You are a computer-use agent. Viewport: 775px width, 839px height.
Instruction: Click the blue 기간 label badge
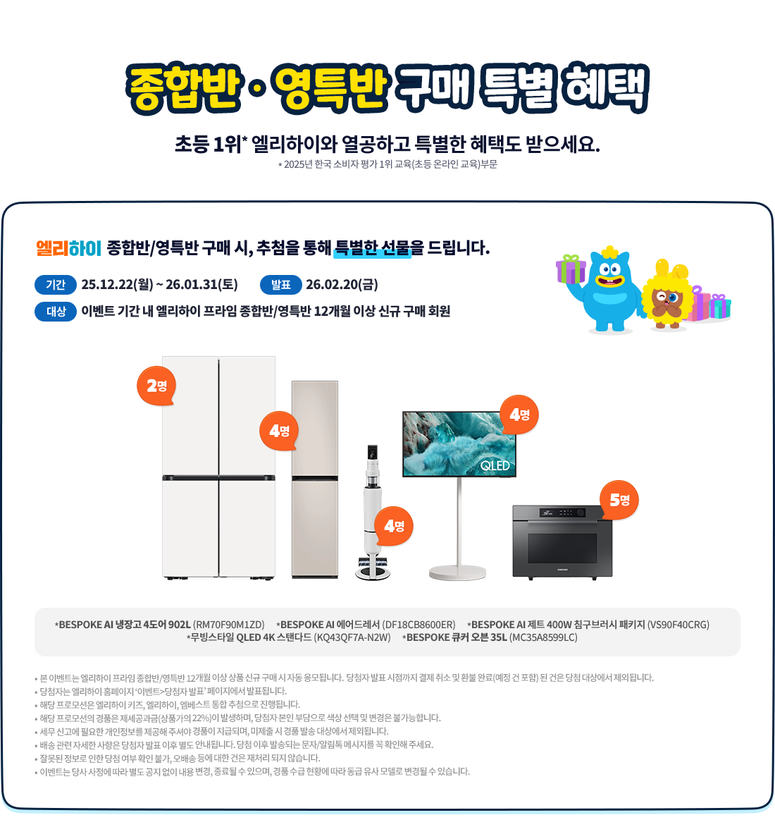(x=56, y=285)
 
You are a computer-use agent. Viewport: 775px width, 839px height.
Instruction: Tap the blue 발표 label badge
(x=281, y=285)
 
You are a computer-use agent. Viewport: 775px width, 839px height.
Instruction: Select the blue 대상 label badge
(x=56, y=312)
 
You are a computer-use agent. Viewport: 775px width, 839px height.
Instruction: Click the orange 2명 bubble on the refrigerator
(x=156, y=386)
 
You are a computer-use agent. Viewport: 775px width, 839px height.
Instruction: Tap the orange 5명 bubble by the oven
(x=619, y=500)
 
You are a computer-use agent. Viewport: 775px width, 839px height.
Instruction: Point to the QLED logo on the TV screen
(x=495, y=466)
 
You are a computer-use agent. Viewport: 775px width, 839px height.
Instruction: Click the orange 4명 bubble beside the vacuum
(x=394, y=526)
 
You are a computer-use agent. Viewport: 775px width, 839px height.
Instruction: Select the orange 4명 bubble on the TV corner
(x=519, y=415)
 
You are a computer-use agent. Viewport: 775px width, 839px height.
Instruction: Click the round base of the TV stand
(x=457, y=572)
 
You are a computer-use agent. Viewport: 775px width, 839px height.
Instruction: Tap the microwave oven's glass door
(x=562, y=548)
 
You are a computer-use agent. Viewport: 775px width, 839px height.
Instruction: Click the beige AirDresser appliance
(x=314, y=479)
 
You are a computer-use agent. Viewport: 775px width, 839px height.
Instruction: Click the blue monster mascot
(x=609, y=289)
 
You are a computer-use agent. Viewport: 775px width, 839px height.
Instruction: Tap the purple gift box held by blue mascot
(x=571, y=269)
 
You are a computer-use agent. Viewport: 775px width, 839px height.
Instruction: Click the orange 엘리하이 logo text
(x=68, y=248)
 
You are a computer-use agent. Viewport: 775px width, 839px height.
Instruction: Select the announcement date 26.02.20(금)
(x=342, y=285)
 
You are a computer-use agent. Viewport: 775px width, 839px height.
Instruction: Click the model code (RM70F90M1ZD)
(x=228, y=625)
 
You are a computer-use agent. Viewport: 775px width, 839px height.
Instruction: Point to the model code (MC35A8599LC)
(x=543, y=637)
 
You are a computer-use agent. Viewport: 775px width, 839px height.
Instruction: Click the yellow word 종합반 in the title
(x=184, y=88)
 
